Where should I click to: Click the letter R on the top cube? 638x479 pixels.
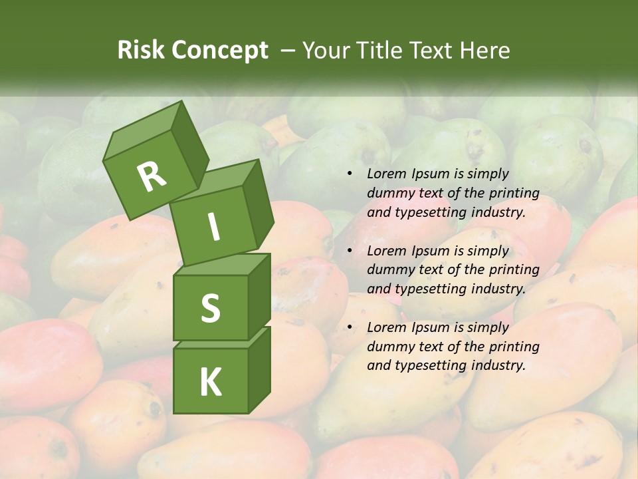(152, 176)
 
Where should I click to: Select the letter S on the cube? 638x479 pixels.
(210, 308)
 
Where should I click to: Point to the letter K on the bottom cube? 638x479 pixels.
(210, 383)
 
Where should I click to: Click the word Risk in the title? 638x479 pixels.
(140, 50)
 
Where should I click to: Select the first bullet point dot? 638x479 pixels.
(350, 174)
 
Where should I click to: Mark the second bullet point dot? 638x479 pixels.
(350, 251)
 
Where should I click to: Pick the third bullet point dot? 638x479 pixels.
(350, 327)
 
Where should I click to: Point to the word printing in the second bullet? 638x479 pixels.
(514, 269)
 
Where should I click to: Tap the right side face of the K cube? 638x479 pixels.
(259, 369)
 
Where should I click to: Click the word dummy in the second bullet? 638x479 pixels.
(391, 270)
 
